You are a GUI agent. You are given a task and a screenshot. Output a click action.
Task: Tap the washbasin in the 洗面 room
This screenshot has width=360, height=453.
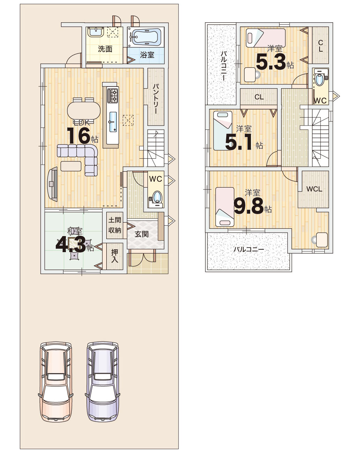(x=95, y=32)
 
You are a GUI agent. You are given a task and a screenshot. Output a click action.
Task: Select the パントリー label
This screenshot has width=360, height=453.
(x=156, y=99)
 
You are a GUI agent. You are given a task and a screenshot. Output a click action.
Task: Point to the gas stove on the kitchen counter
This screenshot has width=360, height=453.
(x=113, y=95)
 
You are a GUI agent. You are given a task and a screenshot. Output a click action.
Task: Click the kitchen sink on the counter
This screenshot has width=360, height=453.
(x=113, y=122)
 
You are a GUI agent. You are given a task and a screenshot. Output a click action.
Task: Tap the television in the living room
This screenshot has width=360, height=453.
(x=53, y=184)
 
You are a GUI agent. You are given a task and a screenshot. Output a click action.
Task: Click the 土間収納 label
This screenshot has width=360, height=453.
(x=114, y=225)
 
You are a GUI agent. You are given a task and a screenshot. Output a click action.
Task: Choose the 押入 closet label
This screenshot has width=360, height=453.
(x=114, y=256)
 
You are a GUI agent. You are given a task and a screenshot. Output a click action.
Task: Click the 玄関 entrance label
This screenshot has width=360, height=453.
(x=141, y=234)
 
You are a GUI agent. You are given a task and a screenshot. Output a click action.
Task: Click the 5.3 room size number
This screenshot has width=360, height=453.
(x=271, y=62)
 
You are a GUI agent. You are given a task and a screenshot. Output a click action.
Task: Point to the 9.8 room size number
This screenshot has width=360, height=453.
(x=248, y=206)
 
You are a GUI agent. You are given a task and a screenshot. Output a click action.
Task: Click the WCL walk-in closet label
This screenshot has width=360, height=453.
(x=314, y=189)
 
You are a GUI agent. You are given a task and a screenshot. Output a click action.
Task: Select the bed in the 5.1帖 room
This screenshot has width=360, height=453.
(x=223, y=130)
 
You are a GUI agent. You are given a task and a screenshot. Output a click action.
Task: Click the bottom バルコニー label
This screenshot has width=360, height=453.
(x=248, y=250)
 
